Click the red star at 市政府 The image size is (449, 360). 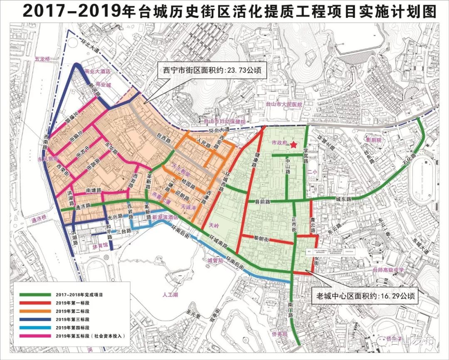pos(294,144)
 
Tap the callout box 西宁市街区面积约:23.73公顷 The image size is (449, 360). pos(212,71)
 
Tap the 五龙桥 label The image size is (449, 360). pos(42,59)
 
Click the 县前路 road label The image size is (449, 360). pos(262,202)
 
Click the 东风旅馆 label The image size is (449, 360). pos(48,159)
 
